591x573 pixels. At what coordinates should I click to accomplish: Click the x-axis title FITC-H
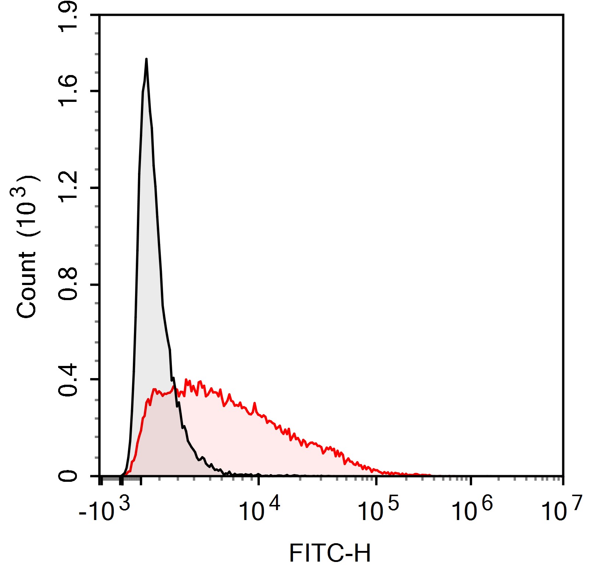point(330,553)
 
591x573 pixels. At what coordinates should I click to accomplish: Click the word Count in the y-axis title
point(26,285)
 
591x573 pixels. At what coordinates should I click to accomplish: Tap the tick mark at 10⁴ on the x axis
point(259,480)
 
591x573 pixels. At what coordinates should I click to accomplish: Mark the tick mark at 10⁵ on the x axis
point(376,480)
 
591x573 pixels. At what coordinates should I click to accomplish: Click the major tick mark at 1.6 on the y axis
point(95,91)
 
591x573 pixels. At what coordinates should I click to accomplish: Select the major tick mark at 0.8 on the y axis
point(95,285)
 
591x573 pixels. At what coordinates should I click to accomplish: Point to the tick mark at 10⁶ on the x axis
point(471,480)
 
